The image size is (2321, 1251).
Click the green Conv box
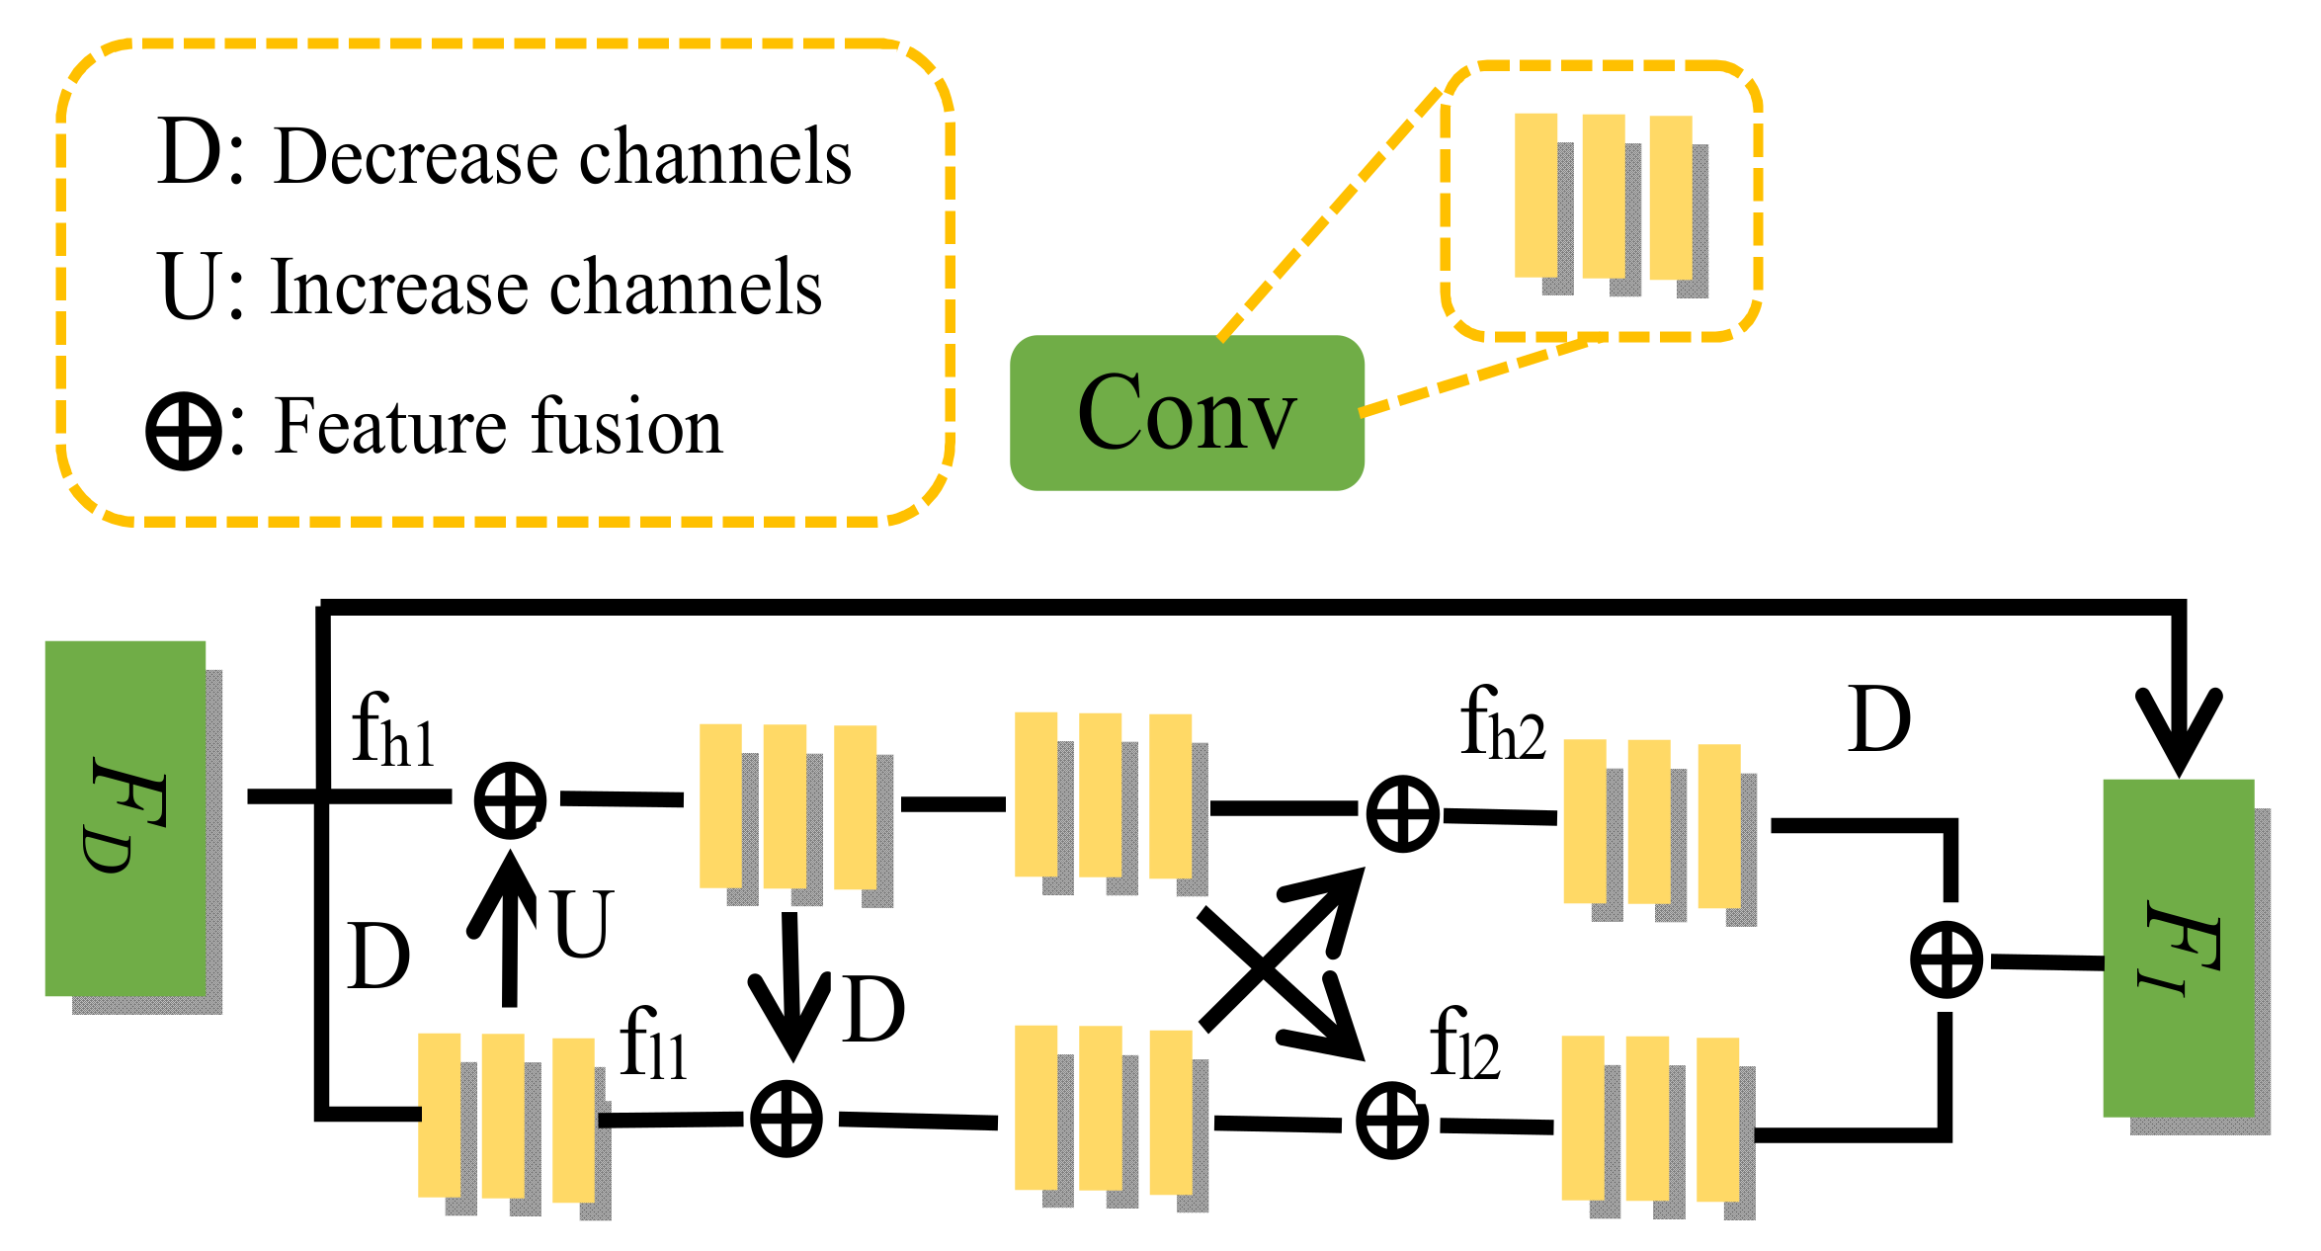point(1187,412)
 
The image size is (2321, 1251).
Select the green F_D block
point(125,818)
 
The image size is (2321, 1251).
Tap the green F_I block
point(2179,948)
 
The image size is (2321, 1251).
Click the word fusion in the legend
point(627,426)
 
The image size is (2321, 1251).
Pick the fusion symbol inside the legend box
point(184,431)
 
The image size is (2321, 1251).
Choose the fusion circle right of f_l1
point(787,1119)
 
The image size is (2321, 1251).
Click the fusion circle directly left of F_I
point(1947,959)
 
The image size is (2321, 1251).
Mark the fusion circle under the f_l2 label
point(1391,1121)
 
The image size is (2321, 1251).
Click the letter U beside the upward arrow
point(583,924)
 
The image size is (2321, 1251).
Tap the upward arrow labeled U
point(508,928)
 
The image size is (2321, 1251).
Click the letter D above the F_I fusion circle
point(1879,719)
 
